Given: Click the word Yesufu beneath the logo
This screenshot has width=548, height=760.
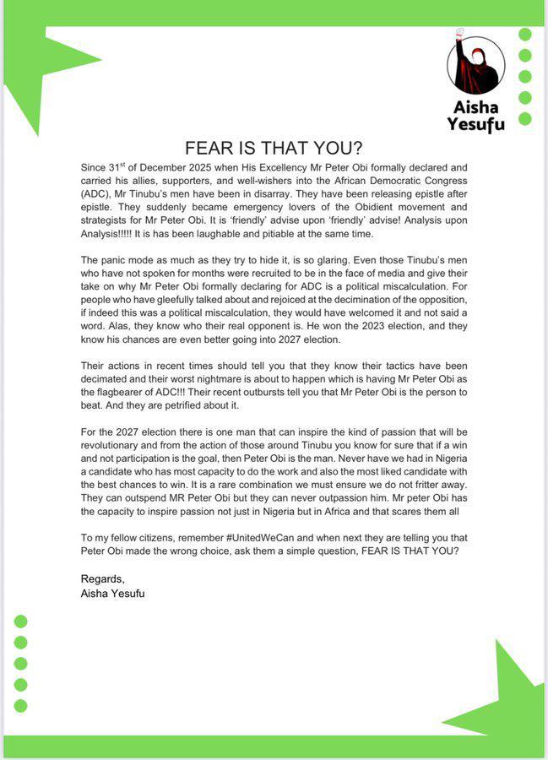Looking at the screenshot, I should [475, 124].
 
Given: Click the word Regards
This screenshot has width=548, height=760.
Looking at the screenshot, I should [102, 578].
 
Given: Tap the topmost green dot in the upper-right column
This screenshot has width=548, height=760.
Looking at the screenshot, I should [524, 35].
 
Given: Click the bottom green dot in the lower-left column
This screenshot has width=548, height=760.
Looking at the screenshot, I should [21, 705].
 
